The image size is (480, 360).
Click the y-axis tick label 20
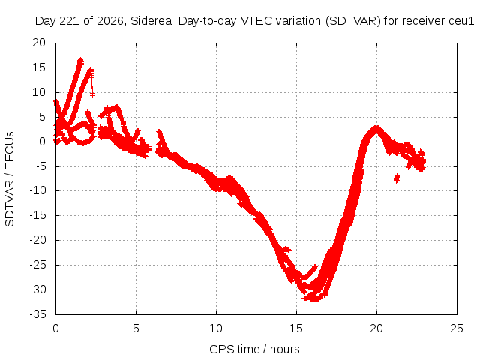point(39,43)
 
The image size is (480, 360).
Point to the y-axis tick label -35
point(37,314)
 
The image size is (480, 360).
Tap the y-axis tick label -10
point(37,190)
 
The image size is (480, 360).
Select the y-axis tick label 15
point(39,67)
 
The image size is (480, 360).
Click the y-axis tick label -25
point(37,265)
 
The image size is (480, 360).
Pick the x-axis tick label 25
point(457,328)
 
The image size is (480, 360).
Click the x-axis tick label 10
point(216,328)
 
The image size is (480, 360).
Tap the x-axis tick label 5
point(136,328)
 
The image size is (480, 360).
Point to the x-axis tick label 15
point(296,328)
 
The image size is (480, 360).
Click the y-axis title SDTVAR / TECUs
point(10,179)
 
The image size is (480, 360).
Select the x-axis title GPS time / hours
point(254,349)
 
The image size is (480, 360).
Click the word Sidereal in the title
point(152,21)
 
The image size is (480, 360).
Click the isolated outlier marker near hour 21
point(397,178)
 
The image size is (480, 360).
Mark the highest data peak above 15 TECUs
point(80,59)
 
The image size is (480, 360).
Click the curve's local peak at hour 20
point(376,127)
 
